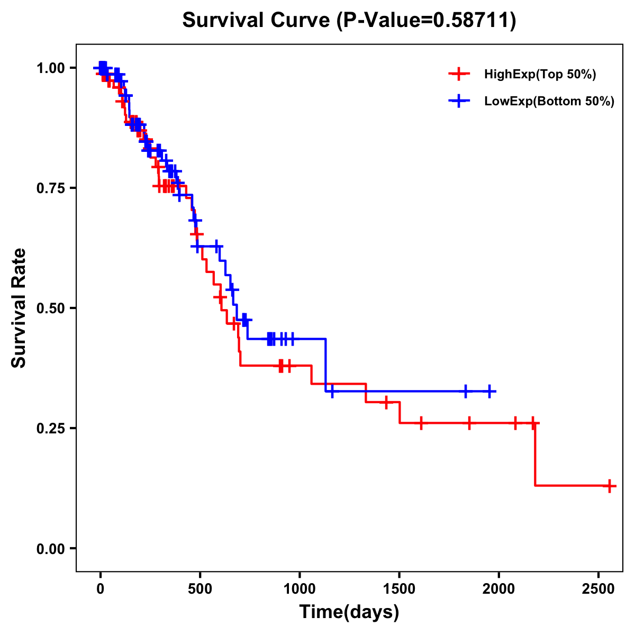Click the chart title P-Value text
349,21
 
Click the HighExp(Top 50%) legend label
540,75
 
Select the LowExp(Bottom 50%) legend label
549,102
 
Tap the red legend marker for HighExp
459,75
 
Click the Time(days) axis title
349,612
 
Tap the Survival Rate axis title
20,308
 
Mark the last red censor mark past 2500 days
610,485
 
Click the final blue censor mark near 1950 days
490,391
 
